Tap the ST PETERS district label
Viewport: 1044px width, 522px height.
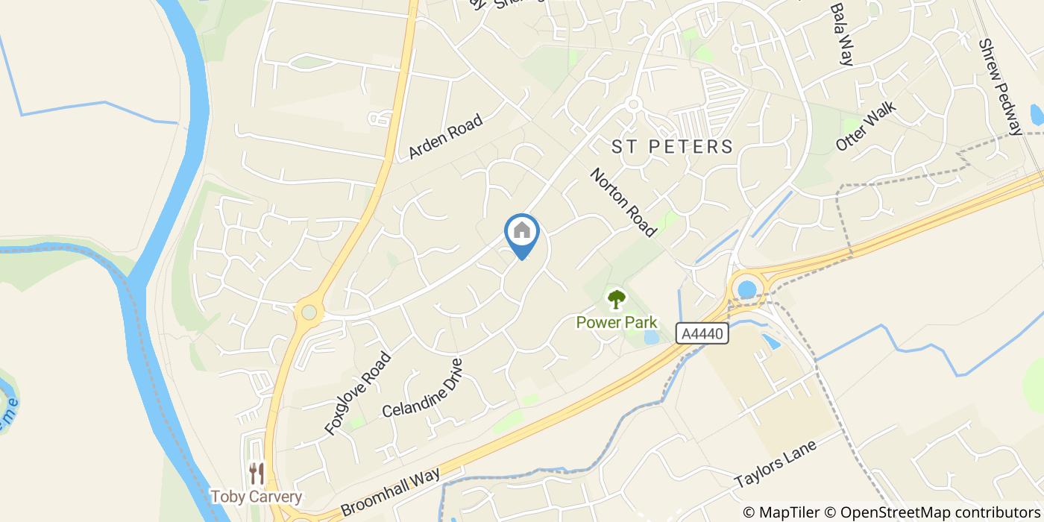(673, 146)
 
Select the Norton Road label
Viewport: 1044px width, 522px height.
(623, 202)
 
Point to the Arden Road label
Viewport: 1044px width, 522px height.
(446, 136)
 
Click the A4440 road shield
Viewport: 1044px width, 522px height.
(702, 334)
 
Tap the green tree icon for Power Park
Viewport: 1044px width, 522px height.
(616, 300)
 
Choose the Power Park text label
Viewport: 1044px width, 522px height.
(617, 322)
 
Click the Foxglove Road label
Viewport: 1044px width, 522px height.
(358, 393)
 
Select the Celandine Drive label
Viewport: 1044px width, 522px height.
(422, 389)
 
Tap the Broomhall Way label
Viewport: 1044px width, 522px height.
(391, 491)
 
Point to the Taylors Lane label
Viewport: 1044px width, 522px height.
(776, 462)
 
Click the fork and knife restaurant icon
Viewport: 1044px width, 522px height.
(257, 473)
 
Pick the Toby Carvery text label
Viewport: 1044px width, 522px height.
(256, 497)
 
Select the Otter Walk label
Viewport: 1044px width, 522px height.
(866, 126)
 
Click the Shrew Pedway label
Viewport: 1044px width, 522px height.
(999, 87)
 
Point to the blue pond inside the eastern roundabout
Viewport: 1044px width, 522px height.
(746, 289)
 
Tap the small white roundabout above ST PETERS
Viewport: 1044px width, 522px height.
(634, 105)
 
